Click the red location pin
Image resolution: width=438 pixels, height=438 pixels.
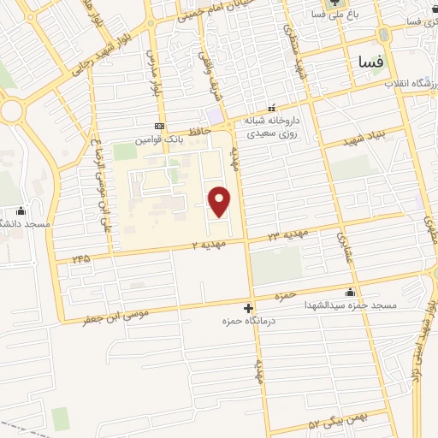point(221,201)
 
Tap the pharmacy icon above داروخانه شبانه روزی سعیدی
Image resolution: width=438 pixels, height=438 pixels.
point(272,109)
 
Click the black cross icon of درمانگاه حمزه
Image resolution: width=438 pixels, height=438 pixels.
point(249,308)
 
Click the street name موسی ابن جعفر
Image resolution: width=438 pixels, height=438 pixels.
point(115,316)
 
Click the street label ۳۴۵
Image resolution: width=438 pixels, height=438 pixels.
point(81,257)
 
